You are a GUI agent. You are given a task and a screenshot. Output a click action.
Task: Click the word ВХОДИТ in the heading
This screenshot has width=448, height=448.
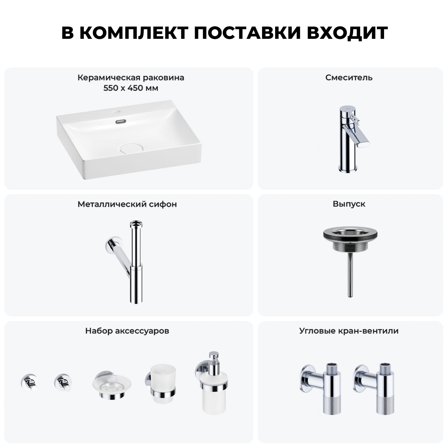(x=348, y=33)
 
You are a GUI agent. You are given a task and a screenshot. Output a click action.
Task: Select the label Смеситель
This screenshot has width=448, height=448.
(x=349, y=78)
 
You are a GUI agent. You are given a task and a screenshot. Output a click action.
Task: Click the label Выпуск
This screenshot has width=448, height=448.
(x=349, y=204)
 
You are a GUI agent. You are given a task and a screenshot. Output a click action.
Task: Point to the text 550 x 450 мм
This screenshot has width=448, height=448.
(x=131, y=88)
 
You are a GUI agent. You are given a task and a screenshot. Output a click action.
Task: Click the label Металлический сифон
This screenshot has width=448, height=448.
(x=127, y=204)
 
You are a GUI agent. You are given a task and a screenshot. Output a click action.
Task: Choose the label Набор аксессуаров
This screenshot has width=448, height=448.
(x=127, y=331)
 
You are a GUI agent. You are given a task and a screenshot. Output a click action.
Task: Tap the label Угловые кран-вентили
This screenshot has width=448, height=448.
(x=349, y=331)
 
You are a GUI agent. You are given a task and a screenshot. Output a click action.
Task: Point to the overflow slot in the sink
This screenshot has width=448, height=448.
(x=120, y=122)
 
